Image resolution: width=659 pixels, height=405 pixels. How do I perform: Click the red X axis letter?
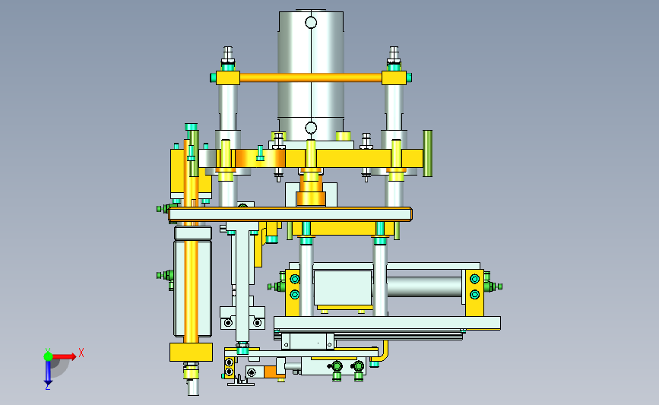(x=81, y=353)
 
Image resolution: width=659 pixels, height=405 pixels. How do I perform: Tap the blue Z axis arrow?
(x=48, y=372)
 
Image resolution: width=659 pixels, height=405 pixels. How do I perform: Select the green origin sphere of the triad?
(x=48, y=356)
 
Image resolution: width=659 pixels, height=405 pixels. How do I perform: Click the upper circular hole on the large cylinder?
(x=311, y=22)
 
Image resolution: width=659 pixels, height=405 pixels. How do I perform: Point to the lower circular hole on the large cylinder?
(x=311, y=128)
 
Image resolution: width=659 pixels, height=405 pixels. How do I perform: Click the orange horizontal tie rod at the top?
(x=311, y=78)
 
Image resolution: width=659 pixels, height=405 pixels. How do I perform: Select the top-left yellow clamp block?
(x=228, y=78)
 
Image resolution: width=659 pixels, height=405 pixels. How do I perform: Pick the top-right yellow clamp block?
(x=394, y=78)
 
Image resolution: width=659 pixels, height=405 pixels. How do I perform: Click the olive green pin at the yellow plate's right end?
(x=427, y=153)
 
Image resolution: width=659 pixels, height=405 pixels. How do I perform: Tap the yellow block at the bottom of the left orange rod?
(x=192, y=352)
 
